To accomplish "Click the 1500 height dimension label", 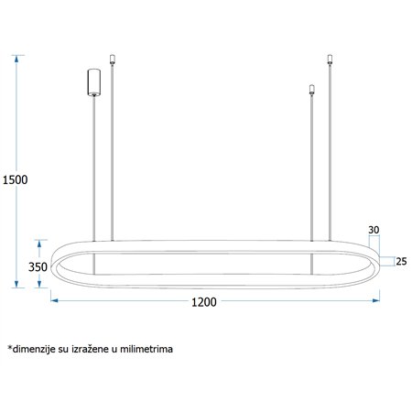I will coord(15,179).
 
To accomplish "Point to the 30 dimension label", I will coord(374,229).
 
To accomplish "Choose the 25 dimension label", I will coord(400,262).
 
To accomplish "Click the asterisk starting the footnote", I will coord(9,347).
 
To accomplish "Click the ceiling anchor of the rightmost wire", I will coord(331,60).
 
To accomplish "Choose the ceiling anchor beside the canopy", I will coord(112,60).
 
